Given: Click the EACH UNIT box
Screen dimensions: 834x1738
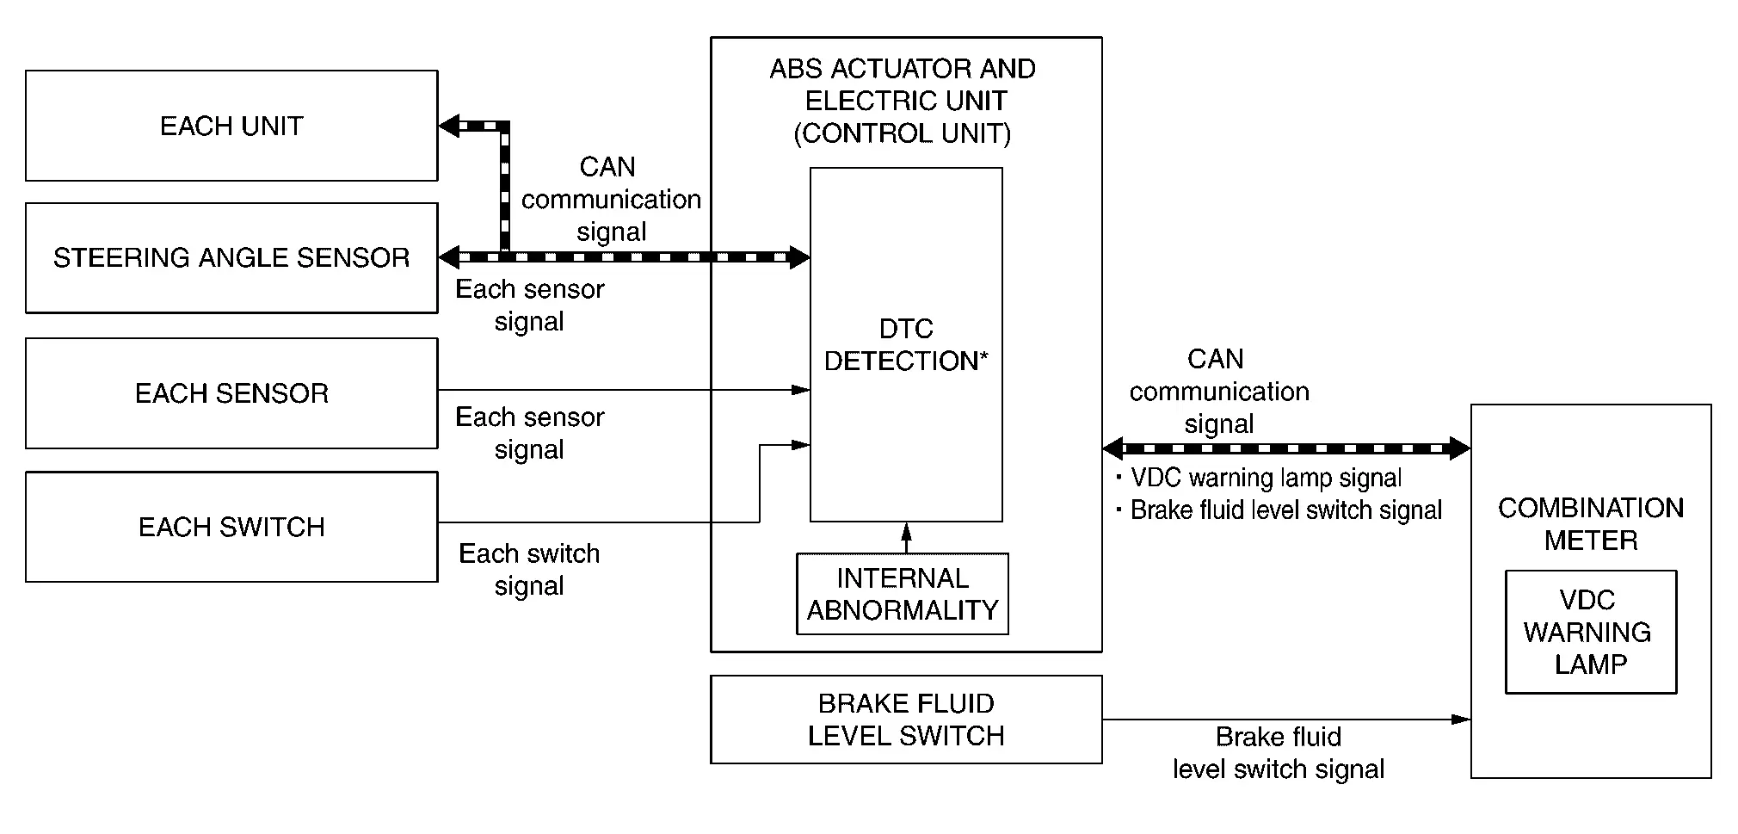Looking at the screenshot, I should coord(231,126).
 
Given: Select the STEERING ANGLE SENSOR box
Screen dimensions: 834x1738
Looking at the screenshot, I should coord(231,257).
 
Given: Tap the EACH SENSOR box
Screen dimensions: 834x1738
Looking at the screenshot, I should coord(231,393).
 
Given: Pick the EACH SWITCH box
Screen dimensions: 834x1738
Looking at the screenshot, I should coord(231,527).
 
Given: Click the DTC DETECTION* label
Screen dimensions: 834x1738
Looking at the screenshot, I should coord(906,344).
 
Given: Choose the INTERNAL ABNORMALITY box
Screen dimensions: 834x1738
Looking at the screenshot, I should coord(903,594).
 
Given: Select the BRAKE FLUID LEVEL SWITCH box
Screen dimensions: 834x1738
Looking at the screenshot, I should coord(906,720).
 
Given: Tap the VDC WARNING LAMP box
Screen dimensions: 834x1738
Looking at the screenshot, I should coord(1590,632).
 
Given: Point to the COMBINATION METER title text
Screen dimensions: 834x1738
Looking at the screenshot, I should coord(1590,523).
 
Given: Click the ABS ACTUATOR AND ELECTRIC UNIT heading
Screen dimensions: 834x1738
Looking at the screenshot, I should coord(903,101).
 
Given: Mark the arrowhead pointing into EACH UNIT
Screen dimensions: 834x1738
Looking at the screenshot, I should coord(449,127).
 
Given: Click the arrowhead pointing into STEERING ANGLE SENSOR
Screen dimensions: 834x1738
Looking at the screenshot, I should coord(449,256).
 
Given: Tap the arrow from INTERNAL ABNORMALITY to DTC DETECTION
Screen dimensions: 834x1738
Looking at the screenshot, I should coord(906,537).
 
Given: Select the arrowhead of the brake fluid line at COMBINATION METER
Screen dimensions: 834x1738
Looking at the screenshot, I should coord(1461,719).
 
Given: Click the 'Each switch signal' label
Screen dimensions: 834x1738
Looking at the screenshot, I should coord(529,569).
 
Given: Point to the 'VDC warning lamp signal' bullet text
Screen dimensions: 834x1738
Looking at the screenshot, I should coord(1265,478).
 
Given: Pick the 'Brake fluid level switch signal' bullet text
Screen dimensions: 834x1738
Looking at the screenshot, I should coord(1285,510).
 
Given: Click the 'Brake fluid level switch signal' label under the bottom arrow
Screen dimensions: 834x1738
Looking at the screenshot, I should coord(1279,753).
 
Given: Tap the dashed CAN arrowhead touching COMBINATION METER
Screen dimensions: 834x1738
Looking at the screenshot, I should coord(1459,448).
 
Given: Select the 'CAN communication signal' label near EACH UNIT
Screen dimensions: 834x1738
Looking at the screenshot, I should coord(611,199).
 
